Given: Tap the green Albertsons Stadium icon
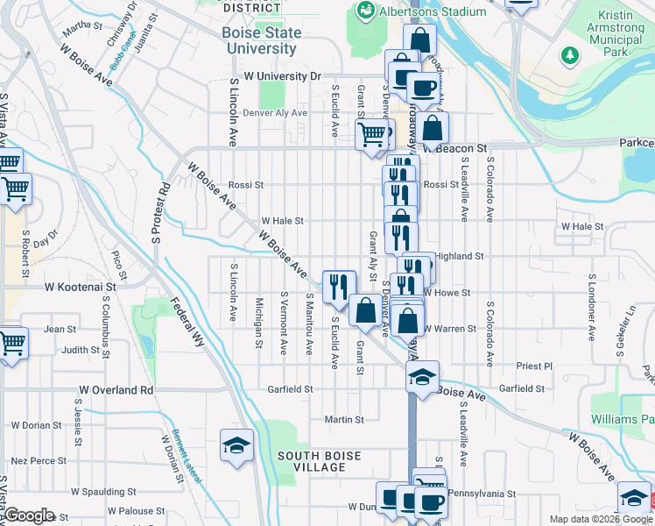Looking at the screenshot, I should [x=365, y=11].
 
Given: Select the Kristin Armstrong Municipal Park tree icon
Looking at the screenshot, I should [x=571, y=55].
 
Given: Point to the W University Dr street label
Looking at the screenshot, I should [x=283, y=77].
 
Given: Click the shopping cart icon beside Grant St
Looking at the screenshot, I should [x=371, y=134].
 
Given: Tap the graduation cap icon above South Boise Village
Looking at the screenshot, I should [x=236, y=445].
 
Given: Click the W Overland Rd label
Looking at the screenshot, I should [x=116, y=389].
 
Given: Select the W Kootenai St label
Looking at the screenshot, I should [x=81, y=287].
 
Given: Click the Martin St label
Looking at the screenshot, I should [x=344, y=420].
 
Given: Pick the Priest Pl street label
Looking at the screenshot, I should [x=535, y=366].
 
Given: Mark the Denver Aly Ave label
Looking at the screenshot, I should [x=276, y=113].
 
